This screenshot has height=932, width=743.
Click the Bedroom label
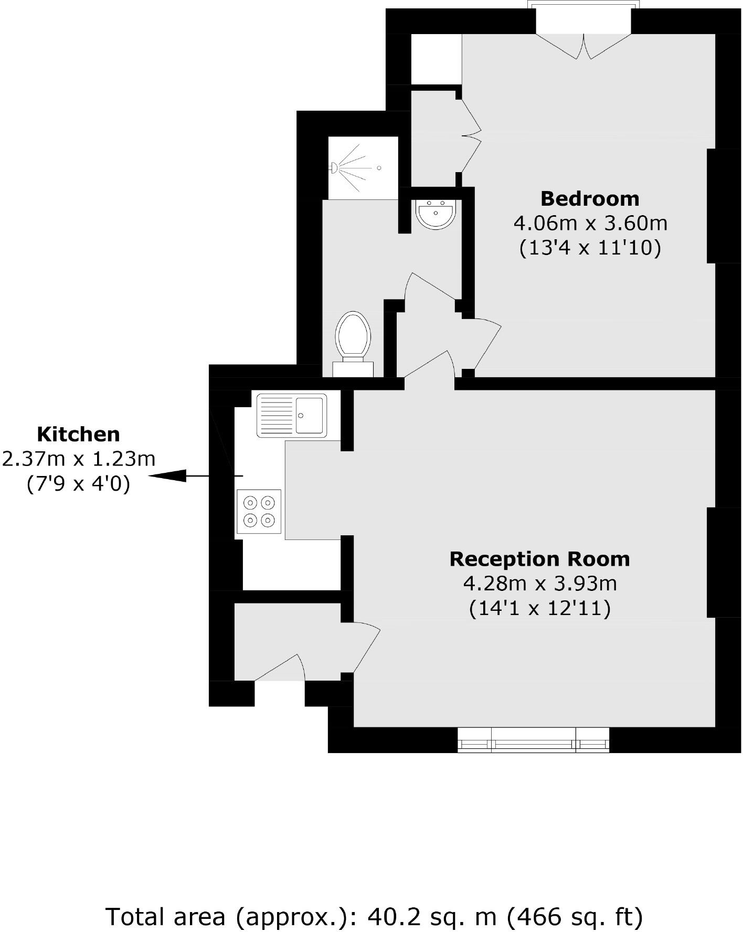[590, 199]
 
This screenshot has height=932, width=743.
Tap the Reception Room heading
[539, 559]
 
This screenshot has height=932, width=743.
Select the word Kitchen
[79, 435]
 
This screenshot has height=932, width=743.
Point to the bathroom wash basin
[436, 214]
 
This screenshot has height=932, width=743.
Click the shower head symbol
[334, 168]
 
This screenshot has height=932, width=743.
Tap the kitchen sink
[310, 415]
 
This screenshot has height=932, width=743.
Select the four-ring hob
[259, 512]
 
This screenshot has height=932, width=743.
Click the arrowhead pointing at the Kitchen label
[168, 476]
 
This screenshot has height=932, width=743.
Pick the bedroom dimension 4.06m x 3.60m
[590, 224]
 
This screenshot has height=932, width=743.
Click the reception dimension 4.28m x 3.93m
[539, 584]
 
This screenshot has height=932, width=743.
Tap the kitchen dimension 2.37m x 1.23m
[79, 459]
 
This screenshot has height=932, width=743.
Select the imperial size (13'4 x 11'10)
[590, 248]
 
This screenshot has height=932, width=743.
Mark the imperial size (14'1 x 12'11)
[539, 608]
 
